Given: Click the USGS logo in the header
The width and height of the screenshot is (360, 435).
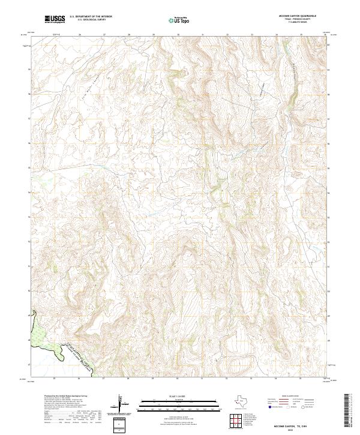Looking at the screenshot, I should click(x=55, y=19).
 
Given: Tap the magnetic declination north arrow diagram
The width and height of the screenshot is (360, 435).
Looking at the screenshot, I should click(x=120, y=403).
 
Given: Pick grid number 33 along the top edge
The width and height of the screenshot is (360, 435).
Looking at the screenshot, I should click(x=252, y=35).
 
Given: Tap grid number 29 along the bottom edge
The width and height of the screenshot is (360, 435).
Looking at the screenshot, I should click(x=153, y=379).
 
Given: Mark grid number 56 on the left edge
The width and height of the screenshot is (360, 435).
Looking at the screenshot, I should click(x=29, y=94).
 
